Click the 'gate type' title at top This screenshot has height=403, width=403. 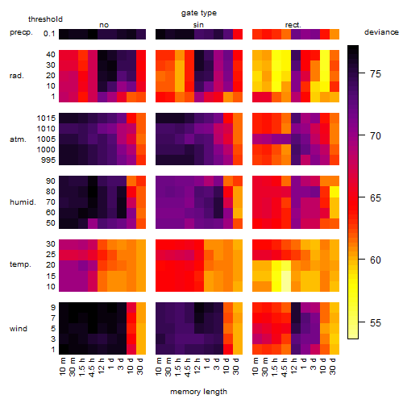(x=199, y=13)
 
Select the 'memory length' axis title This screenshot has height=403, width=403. (x=198, y=392)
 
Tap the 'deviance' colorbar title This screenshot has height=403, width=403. (x=381, y=32)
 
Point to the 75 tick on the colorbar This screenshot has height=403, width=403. (x=362, y=73)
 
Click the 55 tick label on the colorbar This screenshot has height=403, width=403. (x=376, y=322)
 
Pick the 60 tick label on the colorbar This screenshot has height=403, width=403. (x=376, y=260)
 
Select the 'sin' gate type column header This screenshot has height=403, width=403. (x=198, y=25)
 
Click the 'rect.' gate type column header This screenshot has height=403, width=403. (x=293, y=25)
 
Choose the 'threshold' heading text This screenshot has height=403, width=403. (x=45, y=19)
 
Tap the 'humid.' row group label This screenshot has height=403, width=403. (x=23, y=202)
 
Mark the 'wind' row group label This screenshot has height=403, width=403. (x=19, y=329)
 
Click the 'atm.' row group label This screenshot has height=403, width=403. (x=18, y=139)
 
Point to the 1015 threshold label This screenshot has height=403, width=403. (x=46, y=118)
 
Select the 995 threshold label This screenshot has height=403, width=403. (x=48, y=160)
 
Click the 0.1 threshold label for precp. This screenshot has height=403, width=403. (x=49, y=34)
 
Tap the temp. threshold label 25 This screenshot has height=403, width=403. (x=51, y=254)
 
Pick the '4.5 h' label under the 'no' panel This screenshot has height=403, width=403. (x=91, y=368)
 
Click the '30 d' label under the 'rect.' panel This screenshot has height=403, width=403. (x=333, y=367)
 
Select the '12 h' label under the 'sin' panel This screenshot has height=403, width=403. (x=197, y=366)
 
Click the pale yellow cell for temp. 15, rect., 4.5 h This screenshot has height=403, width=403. (x=286, y=276)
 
